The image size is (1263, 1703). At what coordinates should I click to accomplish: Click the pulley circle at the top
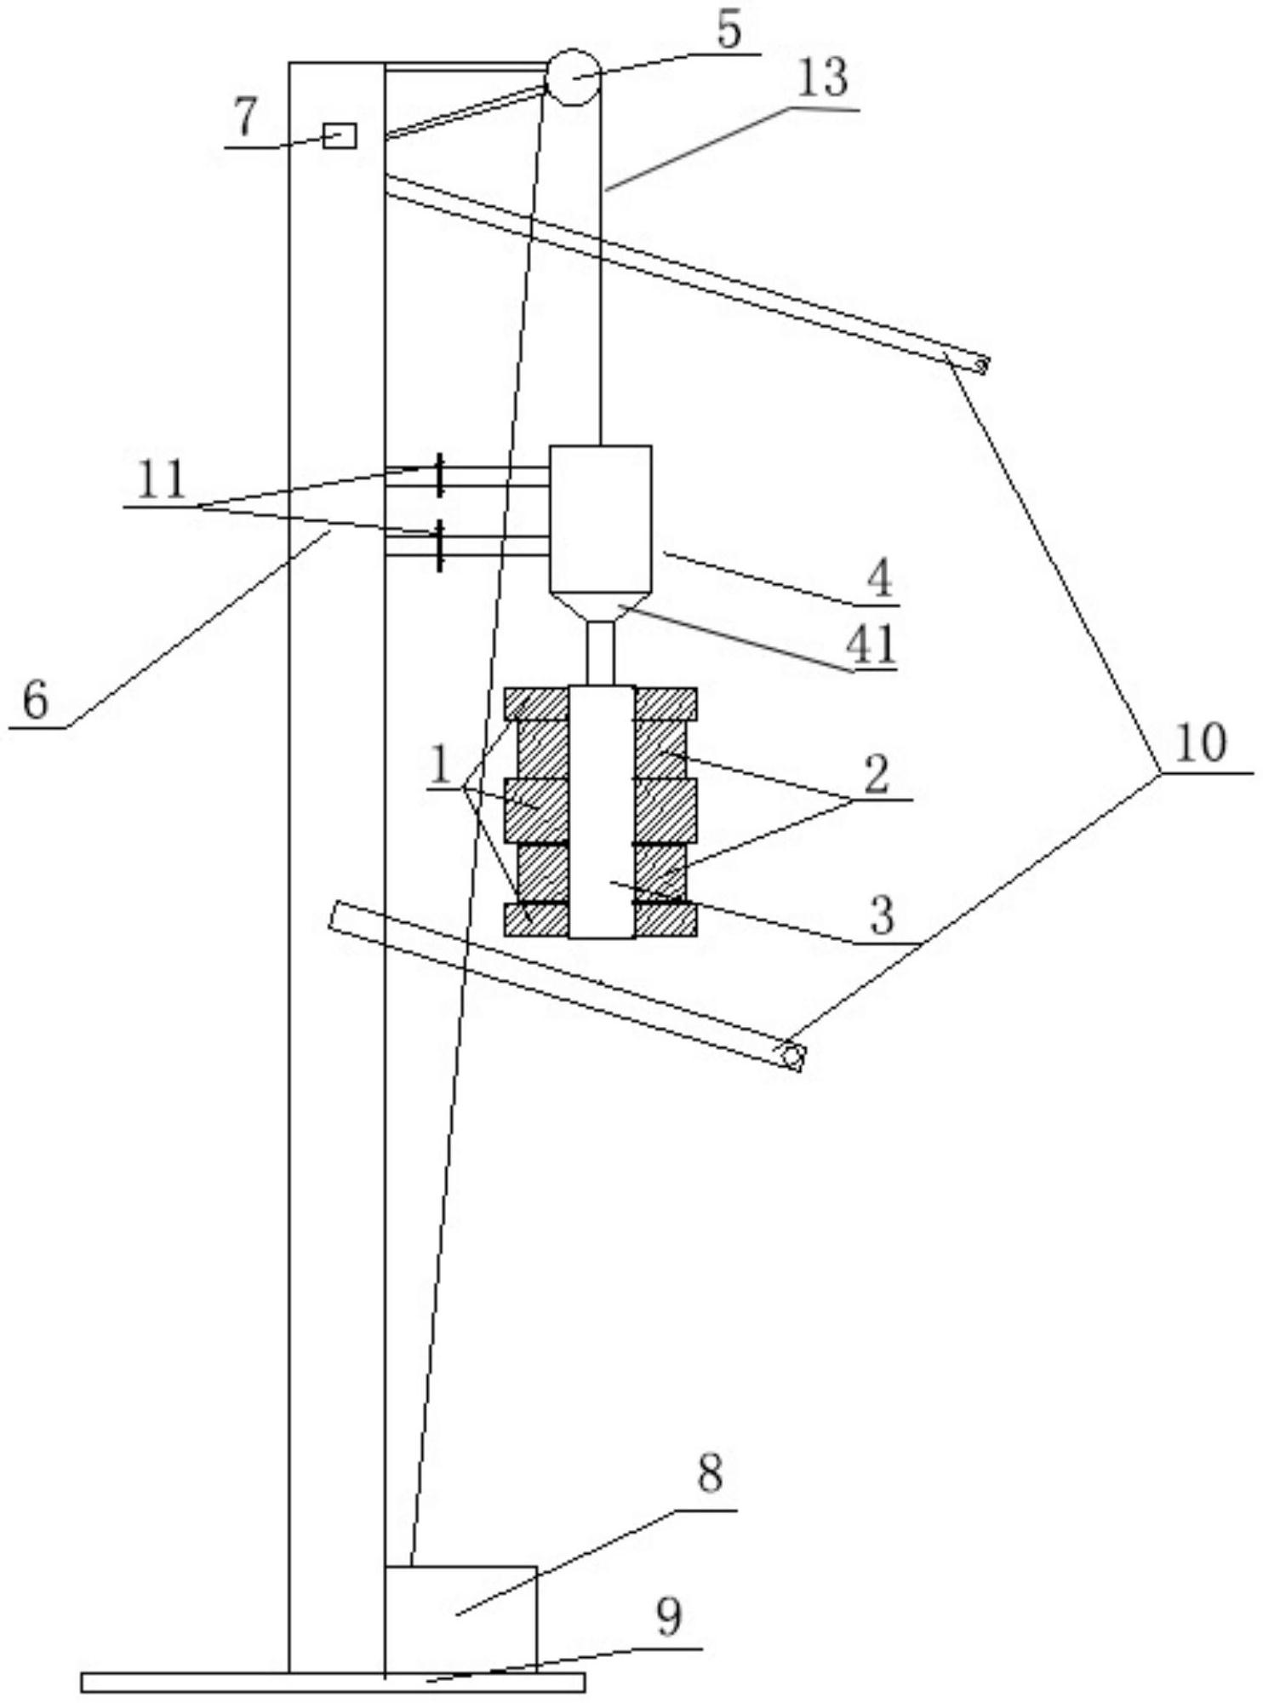pos(572,77)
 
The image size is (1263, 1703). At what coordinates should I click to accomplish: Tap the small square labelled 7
pos(340,135)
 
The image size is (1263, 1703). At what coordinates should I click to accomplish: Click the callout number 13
pos(823,79)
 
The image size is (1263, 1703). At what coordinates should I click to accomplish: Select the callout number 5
pos(729,30)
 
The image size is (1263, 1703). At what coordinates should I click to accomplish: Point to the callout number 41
pos(870,645)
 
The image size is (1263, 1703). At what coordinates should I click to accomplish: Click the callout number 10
pos(1200,743)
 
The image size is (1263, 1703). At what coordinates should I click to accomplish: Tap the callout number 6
pos(36,701)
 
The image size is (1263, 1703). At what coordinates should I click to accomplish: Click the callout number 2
pos(877,773)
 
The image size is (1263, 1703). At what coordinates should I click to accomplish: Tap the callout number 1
pos(440,765)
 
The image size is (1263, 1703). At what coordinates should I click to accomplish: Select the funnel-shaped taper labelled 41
pos(601,606)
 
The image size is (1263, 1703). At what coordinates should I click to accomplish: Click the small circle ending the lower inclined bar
pos(792,1057)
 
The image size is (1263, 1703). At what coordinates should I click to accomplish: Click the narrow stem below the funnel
pos(601,653)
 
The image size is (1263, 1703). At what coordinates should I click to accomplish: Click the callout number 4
pos(879,579)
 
